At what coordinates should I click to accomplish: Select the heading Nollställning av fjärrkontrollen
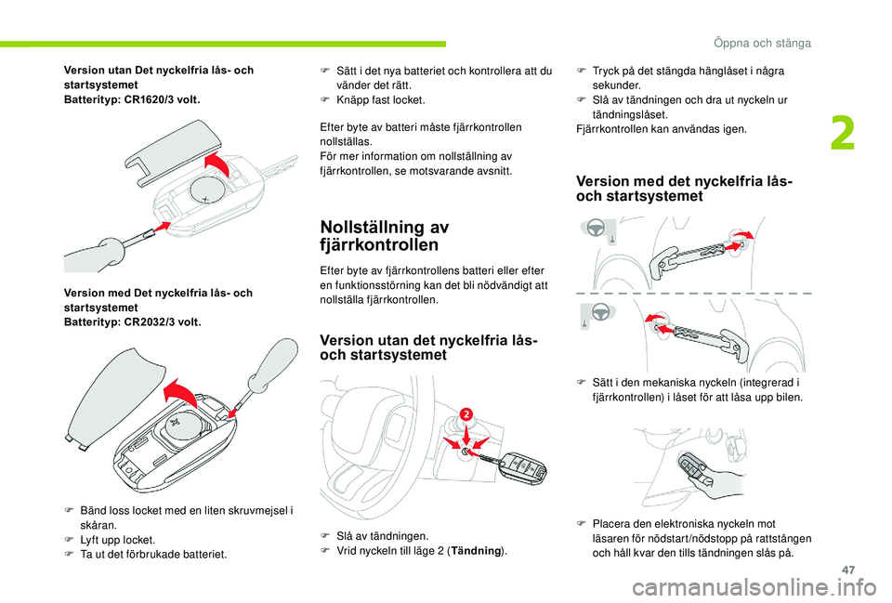point(384,236)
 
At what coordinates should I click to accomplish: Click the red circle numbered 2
point(465,412)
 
